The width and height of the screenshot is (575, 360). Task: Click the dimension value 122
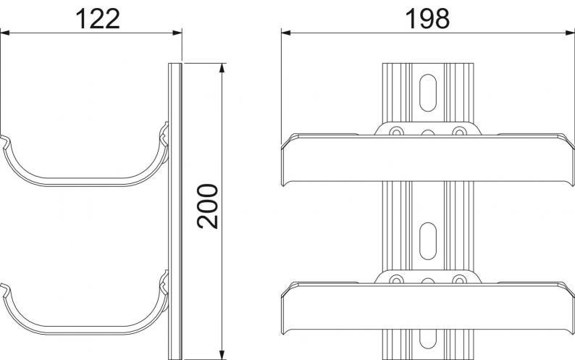tap(98, 19)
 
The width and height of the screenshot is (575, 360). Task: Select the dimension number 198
tap(427, 19)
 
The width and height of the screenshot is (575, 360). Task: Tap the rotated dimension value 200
tap(208, 206)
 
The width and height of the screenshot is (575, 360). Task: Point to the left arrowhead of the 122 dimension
tap(5, 33)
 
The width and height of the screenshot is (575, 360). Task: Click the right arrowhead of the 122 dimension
tap(177, 33)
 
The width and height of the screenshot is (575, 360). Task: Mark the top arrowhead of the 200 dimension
tap(222, 68)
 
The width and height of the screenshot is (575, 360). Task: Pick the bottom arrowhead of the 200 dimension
tap(222, 355)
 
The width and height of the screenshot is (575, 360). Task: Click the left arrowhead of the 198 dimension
tap(286, 33)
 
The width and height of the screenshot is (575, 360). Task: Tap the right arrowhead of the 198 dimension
tap(570, 33)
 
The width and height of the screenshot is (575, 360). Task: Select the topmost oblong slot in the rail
tap(428, 93)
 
